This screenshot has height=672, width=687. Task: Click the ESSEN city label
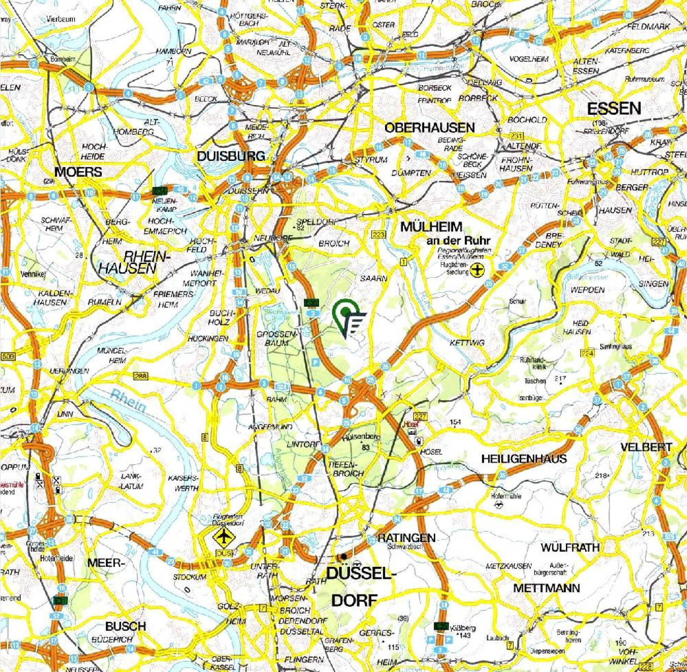[614, 108]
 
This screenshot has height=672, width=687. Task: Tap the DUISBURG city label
[231, 156]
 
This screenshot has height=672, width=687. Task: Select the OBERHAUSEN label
[429, 128]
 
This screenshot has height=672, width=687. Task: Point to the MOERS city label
[78, 172]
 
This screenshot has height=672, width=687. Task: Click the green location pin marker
[346, 314]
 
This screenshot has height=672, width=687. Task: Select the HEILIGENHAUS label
[524, 459]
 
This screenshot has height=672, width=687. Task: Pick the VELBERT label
[646, 447]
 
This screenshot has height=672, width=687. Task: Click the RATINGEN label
[406, 538]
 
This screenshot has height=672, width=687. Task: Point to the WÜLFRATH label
[570, 547]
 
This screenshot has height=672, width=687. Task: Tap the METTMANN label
[546, 588]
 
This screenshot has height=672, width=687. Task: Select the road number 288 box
[140, 376]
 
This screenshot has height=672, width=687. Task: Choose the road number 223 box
[379, 234]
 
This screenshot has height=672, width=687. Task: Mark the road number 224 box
[587, 353]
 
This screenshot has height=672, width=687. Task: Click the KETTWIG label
[467, 343]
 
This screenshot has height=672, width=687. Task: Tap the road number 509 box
[8, 356]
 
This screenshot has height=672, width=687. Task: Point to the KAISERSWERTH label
[183, 483]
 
